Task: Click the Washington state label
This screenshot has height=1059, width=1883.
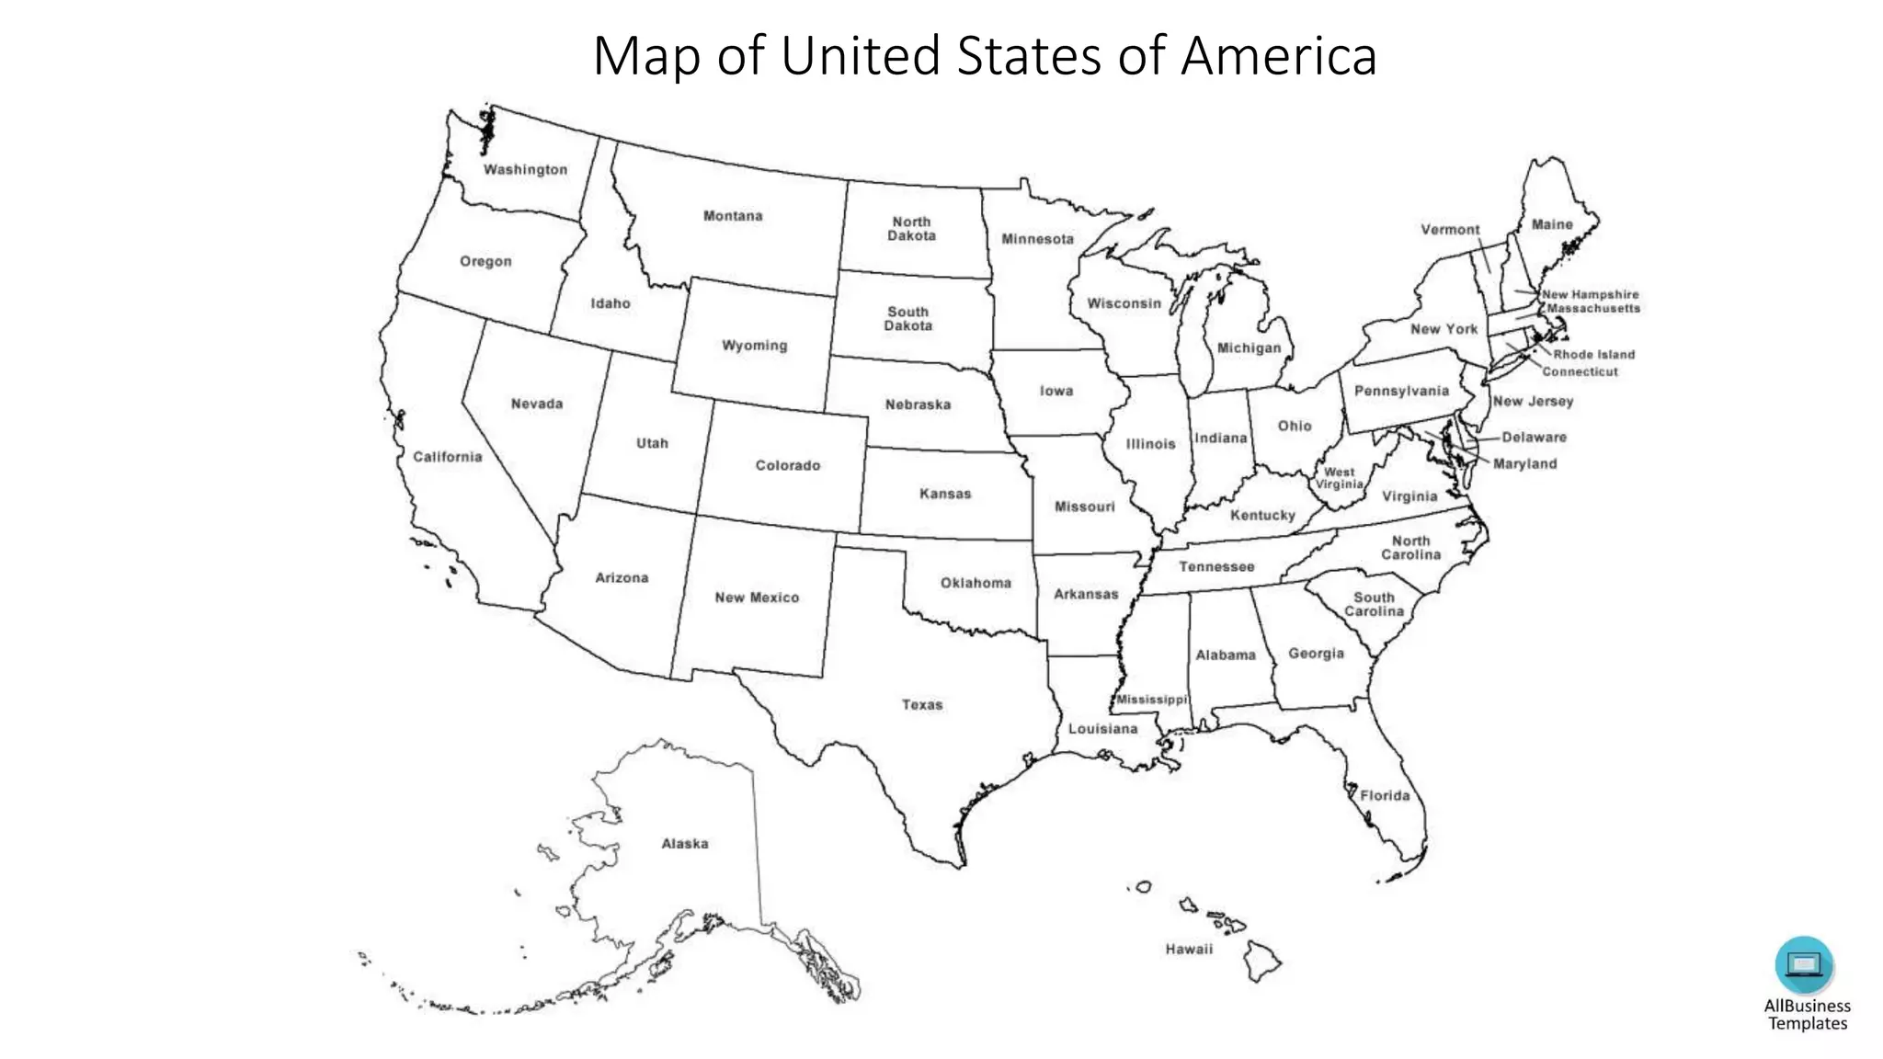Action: point(525,170)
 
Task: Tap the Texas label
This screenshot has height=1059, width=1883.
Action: point(921,705)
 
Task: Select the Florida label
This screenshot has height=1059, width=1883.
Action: point(1385,796)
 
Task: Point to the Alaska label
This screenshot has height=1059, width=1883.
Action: point(685,844)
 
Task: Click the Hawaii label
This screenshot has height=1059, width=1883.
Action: point(1189,950)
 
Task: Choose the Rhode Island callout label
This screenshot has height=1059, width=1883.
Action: point(1593,355)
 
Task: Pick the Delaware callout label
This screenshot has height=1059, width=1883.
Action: point(1534,438)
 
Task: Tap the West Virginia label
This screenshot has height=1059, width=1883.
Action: point(1339,478)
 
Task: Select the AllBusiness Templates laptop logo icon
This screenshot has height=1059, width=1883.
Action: point(1803,964)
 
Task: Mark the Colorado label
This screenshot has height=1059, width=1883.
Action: point(787,466)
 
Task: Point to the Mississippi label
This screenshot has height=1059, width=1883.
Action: point(1151,700)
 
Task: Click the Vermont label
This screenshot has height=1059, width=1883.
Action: point(1450,230)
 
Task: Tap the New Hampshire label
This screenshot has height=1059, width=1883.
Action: point(1590,295)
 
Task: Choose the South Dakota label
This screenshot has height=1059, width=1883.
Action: point(907,319)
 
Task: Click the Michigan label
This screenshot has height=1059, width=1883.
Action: point(1249,348)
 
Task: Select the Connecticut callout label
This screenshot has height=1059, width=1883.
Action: point(1580,372)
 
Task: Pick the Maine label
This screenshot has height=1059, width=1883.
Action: point(1552,224)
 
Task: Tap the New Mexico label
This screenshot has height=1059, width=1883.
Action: point(757,598)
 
